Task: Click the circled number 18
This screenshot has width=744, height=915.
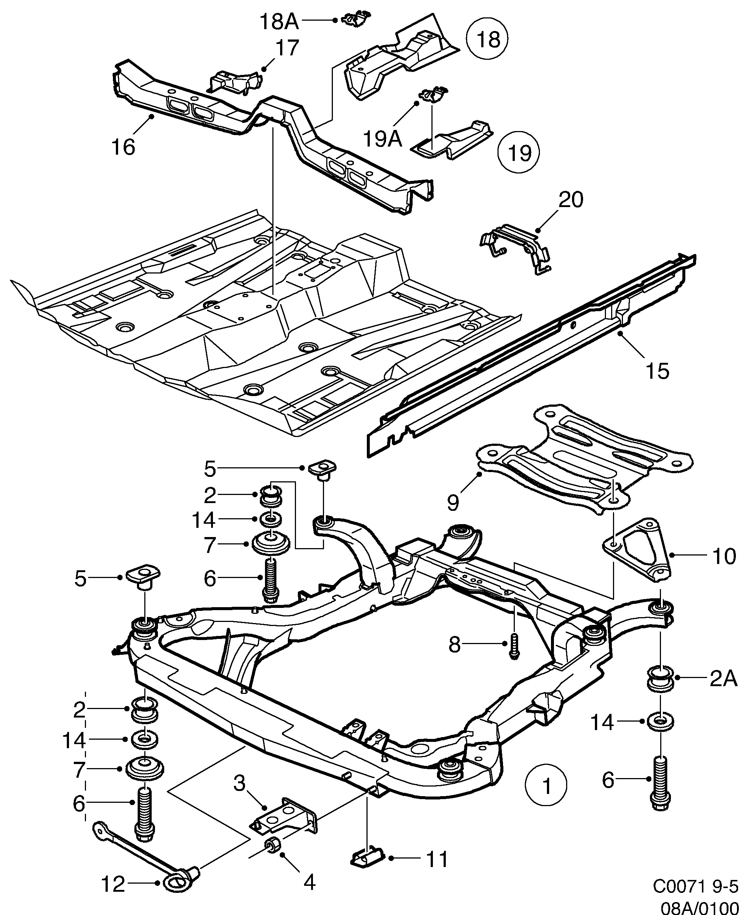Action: (x=488, y=40)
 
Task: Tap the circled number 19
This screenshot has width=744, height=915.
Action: (x=519, y=152)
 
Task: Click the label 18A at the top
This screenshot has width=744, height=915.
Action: (x=279, y=21)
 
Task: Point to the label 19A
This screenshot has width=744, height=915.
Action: (x=382, y=138)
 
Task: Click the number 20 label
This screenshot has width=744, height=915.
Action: (x=571, y=200)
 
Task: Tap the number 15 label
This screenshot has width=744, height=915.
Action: (x=657, y=371)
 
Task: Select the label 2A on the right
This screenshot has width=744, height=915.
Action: (x=723, y=691)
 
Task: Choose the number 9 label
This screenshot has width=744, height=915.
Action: (x=453, y=502)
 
